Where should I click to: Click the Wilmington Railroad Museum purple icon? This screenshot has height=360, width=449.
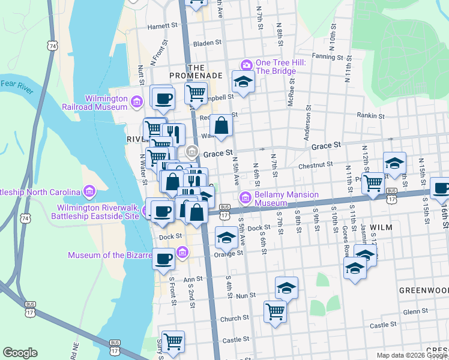tap(137, 101)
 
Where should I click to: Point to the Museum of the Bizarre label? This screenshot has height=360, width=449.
tap(109, 255)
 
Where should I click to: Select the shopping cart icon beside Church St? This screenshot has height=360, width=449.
tap(275, 311)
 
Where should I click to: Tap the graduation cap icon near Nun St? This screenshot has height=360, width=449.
tap(287, 288)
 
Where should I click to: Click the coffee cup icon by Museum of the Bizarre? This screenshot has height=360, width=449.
tap(163, 259)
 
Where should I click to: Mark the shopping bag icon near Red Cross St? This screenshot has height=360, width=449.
tap(221, 125)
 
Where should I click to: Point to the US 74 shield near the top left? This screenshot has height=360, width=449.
tap(53, 46)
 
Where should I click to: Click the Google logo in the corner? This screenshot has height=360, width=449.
tap(20, 352)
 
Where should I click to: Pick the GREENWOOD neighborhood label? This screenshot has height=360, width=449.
tap(424, 290)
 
